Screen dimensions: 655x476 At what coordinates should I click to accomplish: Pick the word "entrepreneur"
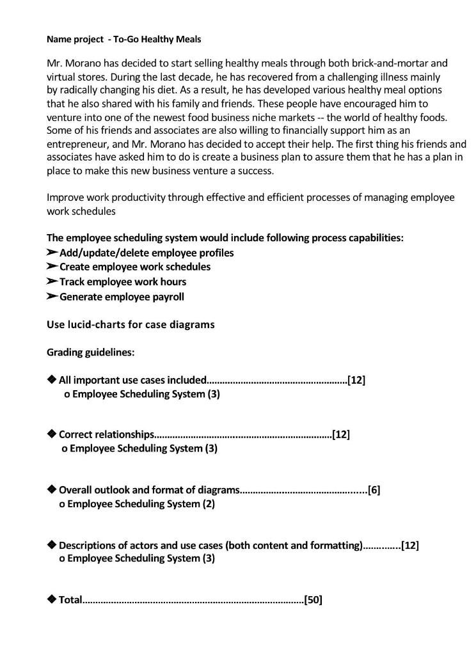(75, 144)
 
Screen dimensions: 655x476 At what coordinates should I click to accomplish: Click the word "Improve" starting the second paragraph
(65, 198)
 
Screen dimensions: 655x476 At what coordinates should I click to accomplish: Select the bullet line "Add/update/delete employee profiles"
(146, 253)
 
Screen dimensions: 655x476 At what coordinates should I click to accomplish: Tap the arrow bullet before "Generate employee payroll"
(52, 297)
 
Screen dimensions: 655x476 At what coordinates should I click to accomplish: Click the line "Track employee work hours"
(122, 282)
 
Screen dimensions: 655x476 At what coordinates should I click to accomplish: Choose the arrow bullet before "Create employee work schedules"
(52, 267)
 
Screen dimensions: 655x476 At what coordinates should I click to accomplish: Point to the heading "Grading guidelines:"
(90, 352)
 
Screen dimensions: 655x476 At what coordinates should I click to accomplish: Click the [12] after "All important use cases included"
(356, 381)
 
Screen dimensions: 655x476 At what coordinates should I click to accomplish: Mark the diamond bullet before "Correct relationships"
(52, 434)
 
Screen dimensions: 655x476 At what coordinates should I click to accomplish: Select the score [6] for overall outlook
(374, 491)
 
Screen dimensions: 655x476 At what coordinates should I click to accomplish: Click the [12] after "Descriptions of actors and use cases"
(410, 546)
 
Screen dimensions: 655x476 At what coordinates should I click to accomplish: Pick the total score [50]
(313, 600)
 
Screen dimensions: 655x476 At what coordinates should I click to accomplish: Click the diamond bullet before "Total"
(52, 599)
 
